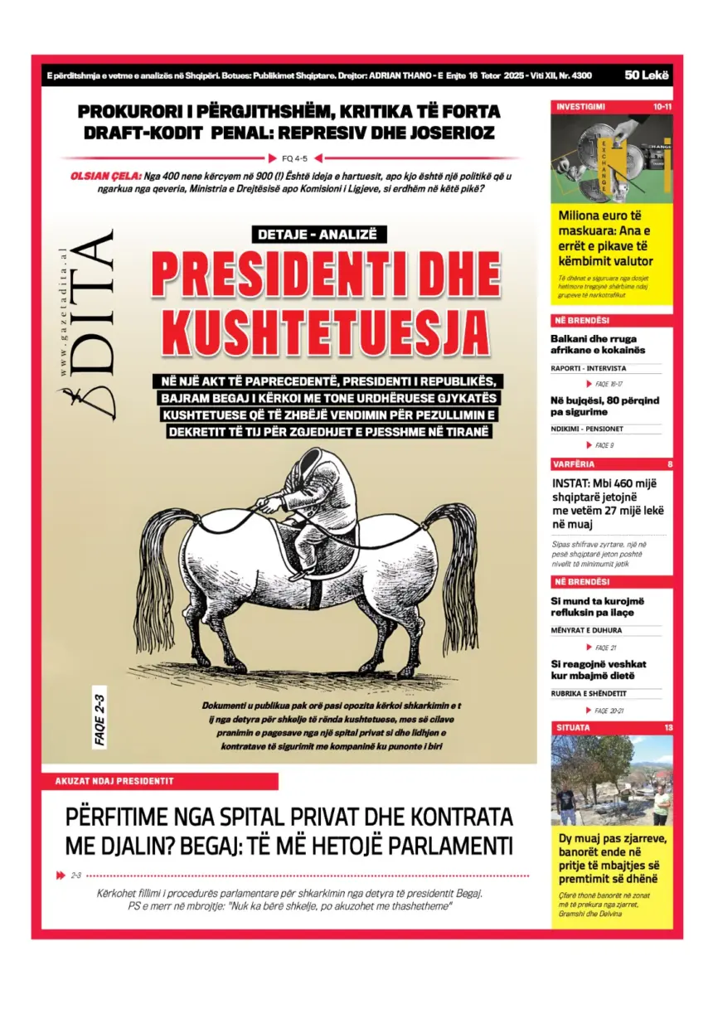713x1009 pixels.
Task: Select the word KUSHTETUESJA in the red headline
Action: point(325,331)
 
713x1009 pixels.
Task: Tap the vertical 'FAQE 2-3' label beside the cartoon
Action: point(100,720)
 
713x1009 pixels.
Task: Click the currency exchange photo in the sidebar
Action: point(612,158)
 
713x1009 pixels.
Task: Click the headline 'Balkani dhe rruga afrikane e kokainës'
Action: point(598,344)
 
